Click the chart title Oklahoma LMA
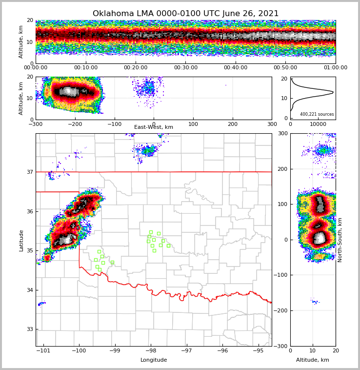tap(185, 14)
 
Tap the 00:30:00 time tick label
tap(185, 68)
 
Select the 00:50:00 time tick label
tap(285, 68)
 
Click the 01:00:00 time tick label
tap(335, 68)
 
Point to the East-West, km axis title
tap(154, 127)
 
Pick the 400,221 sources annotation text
tap(317, 114)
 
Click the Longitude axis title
tap(154, 360)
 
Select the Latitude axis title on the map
tap(21, 240)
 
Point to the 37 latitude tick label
tap(30, 172)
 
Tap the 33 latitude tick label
tap(30, 329)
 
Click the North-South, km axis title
tap(340, 240)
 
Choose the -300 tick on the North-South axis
tap(281, 346)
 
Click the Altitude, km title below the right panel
tap(313, 360)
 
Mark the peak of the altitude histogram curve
tap(333, 92)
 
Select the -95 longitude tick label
tap(258, 350)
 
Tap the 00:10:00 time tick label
tap(85, 68)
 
